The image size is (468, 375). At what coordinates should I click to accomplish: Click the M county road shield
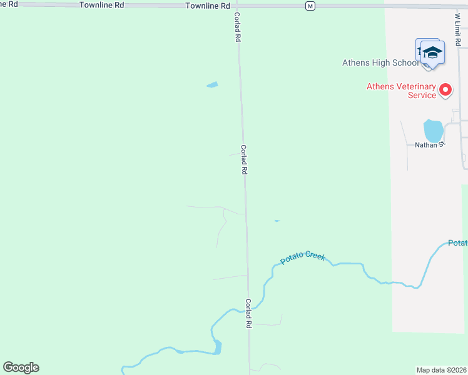[310, 6]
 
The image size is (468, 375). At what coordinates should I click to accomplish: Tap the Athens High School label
[380, 62]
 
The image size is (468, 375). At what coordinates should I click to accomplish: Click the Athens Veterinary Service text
[401, 91]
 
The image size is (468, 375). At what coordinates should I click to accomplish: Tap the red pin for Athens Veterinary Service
[445, 90]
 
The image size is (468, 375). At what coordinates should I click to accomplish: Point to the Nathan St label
[429, 144]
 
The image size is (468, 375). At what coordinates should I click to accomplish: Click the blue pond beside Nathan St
[433, 131]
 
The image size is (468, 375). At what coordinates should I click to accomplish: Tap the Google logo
[21, 367]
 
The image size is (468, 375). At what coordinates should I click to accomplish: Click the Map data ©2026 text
[442, 370]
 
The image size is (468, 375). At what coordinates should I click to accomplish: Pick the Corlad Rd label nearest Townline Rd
[238, 27]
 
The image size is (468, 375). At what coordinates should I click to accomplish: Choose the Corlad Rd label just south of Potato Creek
[248, 313]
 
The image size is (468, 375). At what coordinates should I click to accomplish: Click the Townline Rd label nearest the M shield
[208, 6]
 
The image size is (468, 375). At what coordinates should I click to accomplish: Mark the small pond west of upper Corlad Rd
[213, 84]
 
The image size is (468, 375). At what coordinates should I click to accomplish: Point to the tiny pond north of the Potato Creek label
[277, 221]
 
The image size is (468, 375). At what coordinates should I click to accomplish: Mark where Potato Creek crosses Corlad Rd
[248, 308]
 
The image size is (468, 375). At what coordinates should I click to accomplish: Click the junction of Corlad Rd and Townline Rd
[236, 6]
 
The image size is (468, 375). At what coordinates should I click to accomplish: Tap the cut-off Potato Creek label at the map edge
[458, 242]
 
